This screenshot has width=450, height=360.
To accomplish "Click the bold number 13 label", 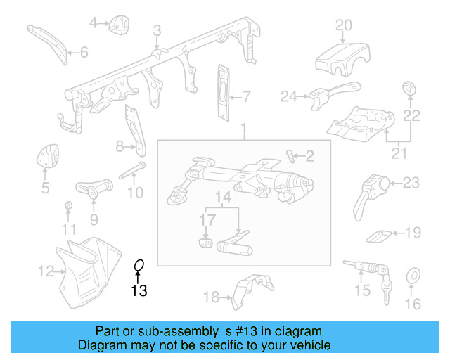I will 139,290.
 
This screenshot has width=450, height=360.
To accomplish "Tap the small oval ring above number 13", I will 139,265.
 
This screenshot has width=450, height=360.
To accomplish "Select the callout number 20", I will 343,25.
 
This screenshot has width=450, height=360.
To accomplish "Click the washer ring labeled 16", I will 413,275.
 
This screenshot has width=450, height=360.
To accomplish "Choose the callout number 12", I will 46,271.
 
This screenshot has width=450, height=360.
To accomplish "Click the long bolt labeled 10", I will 131,172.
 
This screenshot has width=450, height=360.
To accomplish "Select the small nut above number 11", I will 68,205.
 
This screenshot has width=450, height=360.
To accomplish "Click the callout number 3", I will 157,30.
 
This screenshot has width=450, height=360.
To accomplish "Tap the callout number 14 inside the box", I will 223,199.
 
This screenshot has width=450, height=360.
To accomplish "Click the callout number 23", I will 411,183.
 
